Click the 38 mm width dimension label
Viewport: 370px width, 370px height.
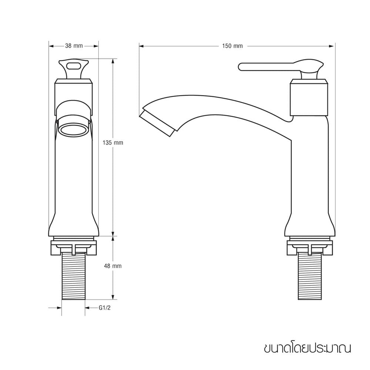(74, 46)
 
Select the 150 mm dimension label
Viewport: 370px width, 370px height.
(232, 46)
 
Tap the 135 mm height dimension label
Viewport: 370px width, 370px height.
(113, 143)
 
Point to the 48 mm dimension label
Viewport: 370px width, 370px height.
(113, 266)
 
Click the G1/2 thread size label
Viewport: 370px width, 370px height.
(105, 308)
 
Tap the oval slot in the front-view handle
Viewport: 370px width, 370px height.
(74, 65)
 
